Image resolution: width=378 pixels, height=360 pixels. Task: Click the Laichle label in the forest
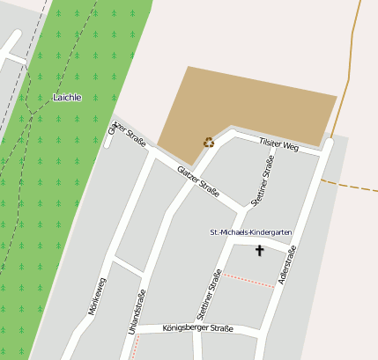67,98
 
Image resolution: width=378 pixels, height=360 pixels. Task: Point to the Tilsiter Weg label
278,144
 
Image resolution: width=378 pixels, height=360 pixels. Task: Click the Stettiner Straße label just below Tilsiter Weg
263,180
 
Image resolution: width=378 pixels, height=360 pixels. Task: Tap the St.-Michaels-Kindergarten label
250,232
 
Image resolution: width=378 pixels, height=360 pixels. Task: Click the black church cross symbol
259,251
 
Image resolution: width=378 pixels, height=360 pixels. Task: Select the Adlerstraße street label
285,266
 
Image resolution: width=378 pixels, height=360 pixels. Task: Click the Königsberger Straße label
198,329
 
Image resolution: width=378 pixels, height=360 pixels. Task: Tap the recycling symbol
209,141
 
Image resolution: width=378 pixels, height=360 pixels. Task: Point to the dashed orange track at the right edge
352,186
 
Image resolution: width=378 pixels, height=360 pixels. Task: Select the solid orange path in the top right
354,53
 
